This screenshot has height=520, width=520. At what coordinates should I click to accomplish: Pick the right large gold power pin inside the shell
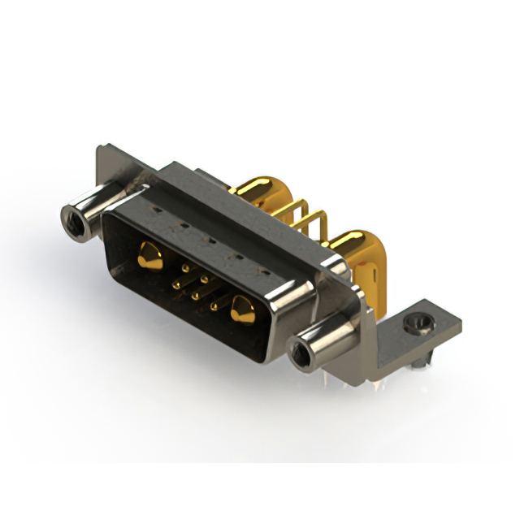pyautogui.click(x=241, y=310)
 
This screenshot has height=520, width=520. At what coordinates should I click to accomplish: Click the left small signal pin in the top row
pyautogui.click(x=186, y=266)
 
